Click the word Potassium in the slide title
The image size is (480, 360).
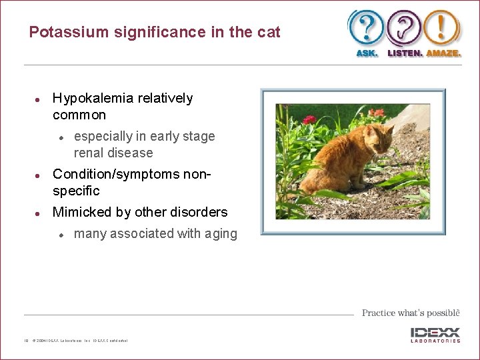(x=62, y=32)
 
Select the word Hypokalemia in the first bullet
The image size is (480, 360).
(x=93, y=99)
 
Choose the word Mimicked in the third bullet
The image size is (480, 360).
(x=81, y=212)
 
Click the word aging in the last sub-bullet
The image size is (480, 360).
(x=221, y=233)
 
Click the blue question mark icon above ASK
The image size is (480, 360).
(x=366, y=28)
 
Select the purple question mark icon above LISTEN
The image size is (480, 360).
(x=405, y=28)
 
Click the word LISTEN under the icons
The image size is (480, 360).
(x=404, y=53)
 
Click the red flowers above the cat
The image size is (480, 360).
(x=309, y=120)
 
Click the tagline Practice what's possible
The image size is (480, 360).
(x=411, y=313)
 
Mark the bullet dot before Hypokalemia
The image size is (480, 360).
(x=39, y=99)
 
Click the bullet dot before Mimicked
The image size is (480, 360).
(x=39, y=213)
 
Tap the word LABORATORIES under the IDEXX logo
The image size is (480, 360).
(x=435, y=341)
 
